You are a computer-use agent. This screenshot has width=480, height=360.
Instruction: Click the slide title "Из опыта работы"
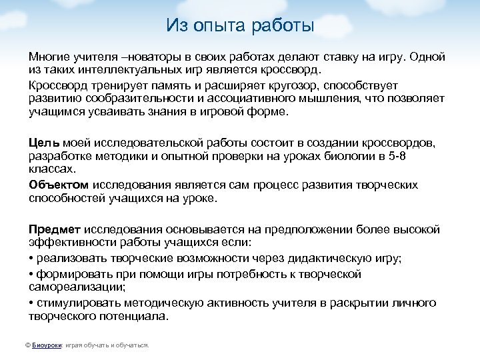[240, 26]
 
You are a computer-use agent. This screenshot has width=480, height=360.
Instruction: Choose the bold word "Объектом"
[59, 185]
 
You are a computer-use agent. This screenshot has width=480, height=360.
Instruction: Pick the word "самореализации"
[77, 287]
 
